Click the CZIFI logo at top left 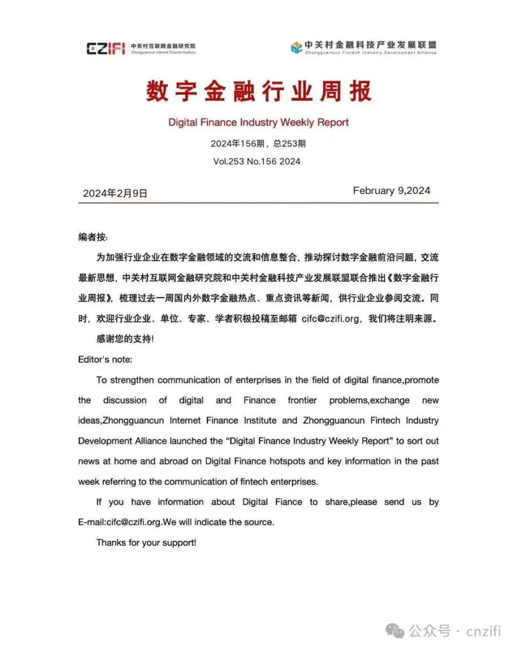pyautogui.click(x=105, y=48)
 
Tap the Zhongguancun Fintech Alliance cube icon pyautogui.click(x=296, y=47)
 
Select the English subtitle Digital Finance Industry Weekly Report pyautogui.click(x=258, y=122)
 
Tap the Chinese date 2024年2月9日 pyautogui.click(x=115, y=193)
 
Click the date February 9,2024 pyautogui.click(x=392, y=191)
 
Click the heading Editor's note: pyautogui.click(x=105, y=359)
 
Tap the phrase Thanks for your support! pyautogui.click(x=146, y=543)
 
